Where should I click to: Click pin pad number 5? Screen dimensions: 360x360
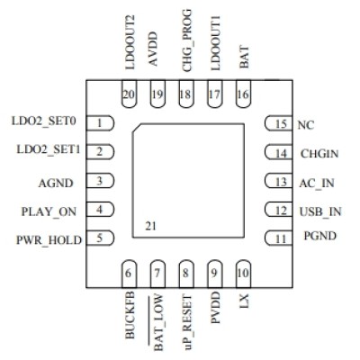(x=103, y=238)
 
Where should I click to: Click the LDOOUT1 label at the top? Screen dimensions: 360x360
(x=214, y=43)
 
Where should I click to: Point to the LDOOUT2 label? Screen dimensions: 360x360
(x=130, y=43)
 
